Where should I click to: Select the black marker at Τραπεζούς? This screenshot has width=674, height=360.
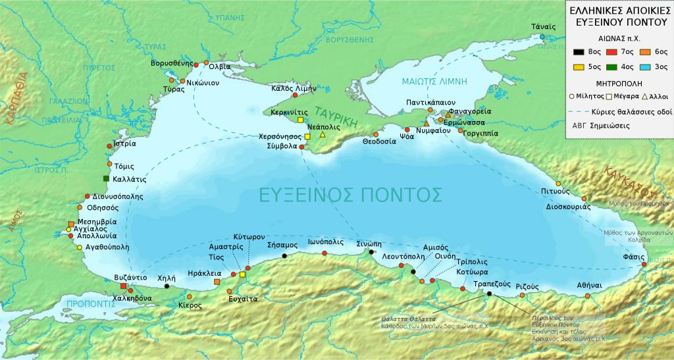tap(489, 294)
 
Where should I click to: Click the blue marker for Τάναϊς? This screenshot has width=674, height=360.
tap(542, 37)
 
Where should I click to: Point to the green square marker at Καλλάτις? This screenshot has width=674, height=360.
tap(105, 179)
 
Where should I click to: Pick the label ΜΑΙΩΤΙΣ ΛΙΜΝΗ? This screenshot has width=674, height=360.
tap(434, 82)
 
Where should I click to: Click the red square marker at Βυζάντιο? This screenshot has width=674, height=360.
tap(123, 286)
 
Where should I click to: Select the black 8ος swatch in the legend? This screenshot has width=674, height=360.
tap(577, 51)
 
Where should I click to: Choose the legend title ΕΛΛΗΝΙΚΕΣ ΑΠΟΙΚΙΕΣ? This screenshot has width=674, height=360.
tap(619, 11)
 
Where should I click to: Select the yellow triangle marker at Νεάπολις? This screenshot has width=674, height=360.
tap(323, 135)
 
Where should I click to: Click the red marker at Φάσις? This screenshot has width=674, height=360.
tap(644, 265)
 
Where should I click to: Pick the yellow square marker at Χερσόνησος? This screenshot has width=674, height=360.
tap(307, 137)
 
